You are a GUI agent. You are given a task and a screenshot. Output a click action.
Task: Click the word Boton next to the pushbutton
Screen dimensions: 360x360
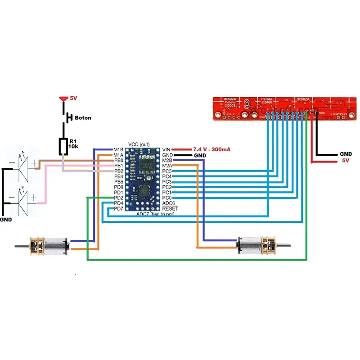pyautogui.click(x=83, y=118)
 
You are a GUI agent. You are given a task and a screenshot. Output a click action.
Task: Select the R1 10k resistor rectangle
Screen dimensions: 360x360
pyautogui.click(x=63, y=147)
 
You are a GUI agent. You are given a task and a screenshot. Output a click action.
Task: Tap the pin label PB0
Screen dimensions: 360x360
pyautogui.click(x=118, y=160)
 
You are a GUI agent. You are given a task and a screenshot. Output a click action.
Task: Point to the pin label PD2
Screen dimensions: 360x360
pyautogui.click(x=118, y=198)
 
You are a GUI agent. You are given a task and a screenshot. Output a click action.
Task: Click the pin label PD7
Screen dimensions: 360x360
pyautogui.click(x=118, y=209)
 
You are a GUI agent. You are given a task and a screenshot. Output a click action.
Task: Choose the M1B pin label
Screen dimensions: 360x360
pyautogui.click(x=118, y=149)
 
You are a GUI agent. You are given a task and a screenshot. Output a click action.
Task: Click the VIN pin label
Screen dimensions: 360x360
pyautogui.click(x=166, y=149)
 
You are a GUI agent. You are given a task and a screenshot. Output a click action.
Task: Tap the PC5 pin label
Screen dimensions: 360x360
pyautogui.click(x=167, y=171)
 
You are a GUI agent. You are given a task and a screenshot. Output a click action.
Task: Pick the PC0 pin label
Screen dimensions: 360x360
pyautogui.click(x=167, y=198)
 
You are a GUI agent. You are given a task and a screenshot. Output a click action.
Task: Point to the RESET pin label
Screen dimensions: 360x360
pyautogui.click(x=170, y=209)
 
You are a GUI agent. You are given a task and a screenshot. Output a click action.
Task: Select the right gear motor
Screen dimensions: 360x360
pyautogui.click(x=261, y=245)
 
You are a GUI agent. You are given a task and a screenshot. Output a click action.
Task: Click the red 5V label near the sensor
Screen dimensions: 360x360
pyautogui.click(x=346, y=160)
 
